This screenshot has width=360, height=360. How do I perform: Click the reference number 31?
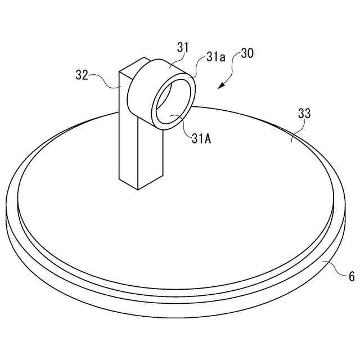(x=183, y=48)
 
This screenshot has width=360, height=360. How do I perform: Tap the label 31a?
(x=215, y=58)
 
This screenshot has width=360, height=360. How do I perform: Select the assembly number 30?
(x=247, y=54)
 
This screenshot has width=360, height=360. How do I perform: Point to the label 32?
(x=82, y=75)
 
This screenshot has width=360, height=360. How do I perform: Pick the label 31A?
(x=201, y=139)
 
